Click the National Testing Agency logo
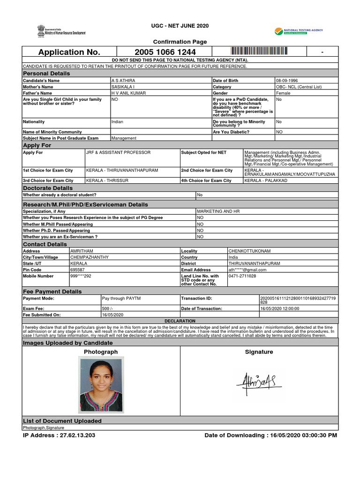pyautogui.click(x=299, y=32)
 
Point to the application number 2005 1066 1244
pyautogui.click(x=165, y=52)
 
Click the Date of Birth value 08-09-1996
pyautogui.click(x=287, y=81)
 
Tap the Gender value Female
pyautogui.click(x=283, y=93)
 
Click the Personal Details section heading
pyautogui.click(x=46, y=74)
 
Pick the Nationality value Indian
pyautogui.click(x=117, y=122)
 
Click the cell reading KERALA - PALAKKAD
pyautogui.click(x=266, y=180)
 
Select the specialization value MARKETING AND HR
pyautogui.click(x=218, y=211)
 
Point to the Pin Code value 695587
pyautogui.click(x=77, y=270)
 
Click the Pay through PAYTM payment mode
pyautogui.click(x=121, y=298)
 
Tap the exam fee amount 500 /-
pyautogui.click(x=108, y=308)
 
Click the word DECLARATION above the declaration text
pyautogui.click(x=180, y=321)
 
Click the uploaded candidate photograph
pyautogui.click(x=101, y=384)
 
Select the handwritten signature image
pyautogui.click(x=258, y=382)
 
